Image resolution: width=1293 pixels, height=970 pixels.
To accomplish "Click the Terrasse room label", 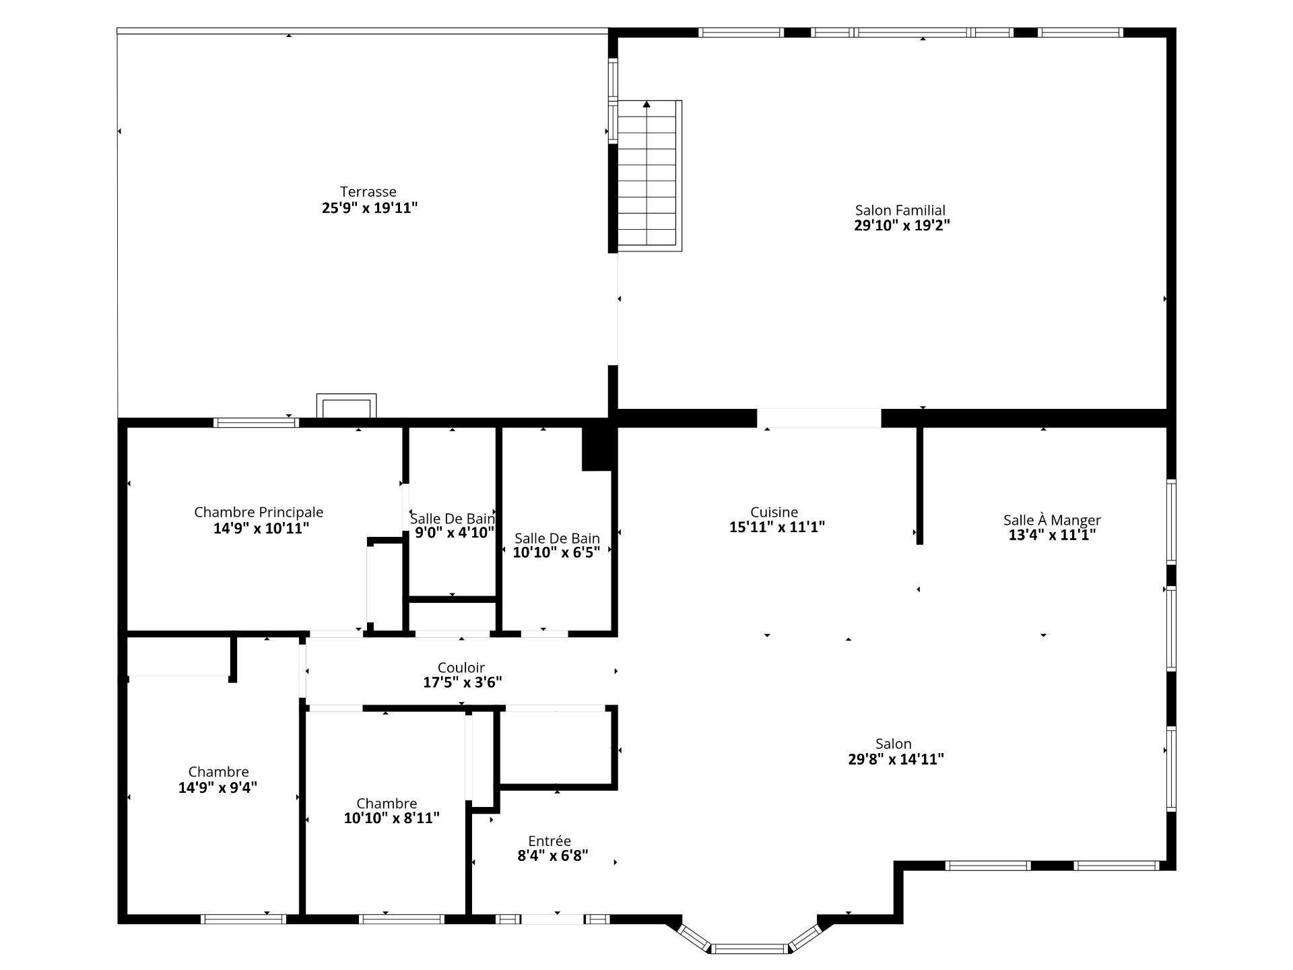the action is click(x=368, y=192).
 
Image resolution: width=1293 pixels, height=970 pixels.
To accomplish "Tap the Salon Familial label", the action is click(x=900, y=211).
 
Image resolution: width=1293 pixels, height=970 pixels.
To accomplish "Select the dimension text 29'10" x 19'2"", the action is click(x=902, y=226).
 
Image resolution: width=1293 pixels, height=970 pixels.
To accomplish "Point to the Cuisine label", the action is click(x=774, y=513).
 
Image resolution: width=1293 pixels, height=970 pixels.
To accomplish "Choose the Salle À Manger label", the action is click(x=1052, y=520).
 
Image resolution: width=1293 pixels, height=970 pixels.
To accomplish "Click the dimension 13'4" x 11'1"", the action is click(x=1052, y=535).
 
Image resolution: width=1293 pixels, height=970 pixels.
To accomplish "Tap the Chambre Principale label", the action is click(x=259, y=513).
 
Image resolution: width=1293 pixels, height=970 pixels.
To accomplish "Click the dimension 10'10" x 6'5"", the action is click(x=556, y=553).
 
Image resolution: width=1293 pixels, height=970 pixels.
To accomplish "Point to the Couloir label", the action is click(x=461, y=668).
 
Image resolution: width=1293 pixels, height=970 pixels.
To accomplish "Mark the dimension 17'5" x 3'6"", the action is click(x=463, y=682).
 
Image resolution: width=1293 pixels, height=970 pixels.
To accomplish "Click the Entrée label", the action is click(x=550, y=841).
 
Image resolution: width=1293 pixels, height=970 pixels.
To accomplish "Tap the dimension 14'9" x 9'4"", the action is click(x=218, y=787).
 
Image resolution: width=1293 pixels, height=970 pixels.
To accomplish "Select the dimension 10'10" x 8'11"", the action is click(x=391, y=818).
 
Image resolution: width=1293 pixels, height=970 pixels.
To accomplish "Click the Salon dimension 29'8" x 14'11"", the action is click(x=896, y=759).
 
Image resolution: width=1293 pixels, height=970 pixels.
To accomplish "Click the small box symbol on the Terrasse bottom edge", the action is click(x=346, y=406).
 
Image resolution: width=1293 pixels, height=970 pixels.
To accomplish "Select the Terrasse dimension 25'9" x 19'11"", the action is click(x=370, y=207).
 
